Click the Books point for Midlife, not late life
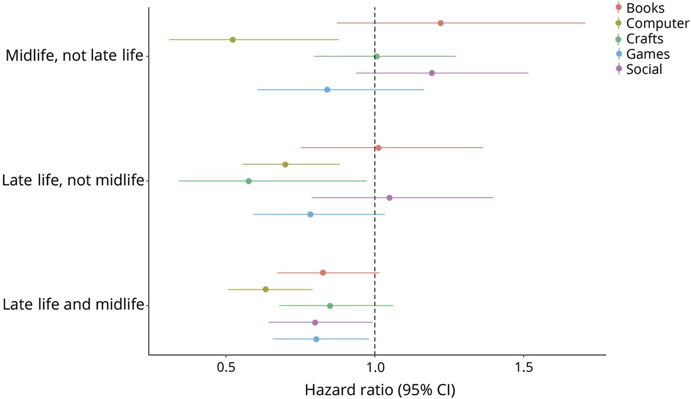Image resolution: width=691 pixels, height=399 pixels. coord(441,23)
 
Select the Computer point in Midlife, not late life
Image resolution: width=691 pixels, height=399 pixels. coord(233,40)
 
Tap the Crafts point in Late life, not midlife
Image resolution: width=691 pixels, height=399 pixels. coord(248,181)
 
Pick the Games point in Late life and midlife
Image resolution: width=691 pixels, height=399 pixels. coord(316,339)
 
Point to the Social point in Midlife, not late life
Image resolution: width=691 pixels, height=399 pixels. coord(432,73)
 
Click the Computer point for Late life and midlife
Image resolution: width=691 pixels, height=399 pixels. coord(266,289)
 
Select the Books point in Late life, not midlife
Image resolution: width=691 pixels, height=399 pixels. coord(378,148)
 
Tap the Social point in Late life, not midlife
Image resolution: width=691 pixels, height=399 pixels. coord(389,198)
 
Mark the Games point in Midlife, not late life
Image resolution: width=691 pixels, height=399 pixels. coord(327,90)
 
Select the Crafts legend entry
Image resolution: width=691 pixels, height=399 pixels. coord(645,38)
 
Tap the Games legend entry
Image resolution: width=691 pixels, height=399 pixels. coord(648,54)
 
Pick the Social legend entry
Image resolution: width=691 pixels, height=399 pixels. coord(644,69)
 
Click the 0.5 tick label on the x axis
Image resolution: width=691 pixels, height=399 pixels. coord(226,368)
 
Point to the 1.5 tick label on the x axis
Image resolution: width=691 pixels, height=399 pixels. coord(524,368)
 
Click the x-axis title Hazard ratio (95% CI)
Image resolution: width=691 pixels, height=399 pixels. coord(380,390)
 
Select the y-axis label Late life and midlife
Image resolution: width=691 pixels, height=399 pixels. coord(73,304)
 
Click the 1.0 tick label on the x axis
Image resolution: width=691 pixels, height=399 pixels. coord(375,368)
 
